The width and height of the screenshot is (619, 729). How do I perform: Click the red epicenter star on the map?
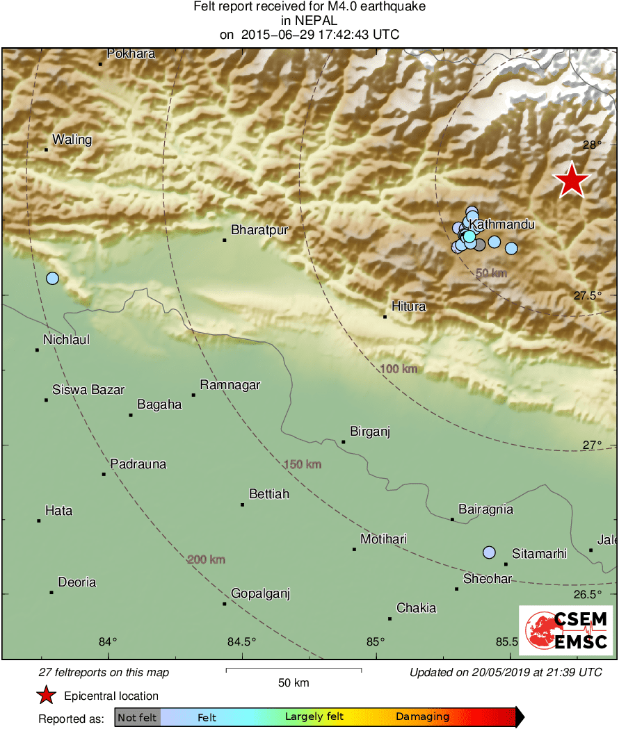click(572, 180)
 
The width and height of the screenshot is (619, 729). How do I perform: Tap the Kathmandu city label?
click(501, 224)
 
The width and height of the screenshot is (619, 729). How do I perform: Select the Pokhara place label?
click(131, 54)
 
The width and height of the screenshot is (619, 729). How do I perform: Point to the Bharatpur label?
click(259, 230)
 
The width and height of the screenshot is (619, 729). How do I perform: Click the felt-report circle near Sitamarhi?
click(489, 552)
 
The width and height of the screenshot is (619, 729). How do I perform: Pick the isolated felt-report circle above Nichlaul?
click(52, 279)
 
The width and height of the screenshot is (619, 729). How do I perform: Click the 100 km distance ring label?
click(399, 368)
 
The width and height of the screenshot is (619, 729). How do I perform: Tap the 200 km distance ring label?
click(206, 559)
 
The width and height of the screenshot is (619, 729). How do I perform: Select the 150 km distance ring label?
click(302, 464)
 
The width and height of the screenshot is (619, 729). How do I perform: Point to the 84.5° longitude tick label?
click(242, 641)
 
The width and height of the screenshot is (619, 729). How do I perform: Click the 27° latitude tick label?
click(591, 445)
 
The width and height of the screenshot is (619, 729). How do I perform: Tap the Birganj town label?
click(370, 432)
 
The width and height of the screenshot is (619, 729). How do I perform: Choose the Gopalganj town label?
click(260, 593)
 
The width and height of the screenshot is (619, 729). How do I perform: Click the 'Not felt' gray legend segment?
click(138, 717)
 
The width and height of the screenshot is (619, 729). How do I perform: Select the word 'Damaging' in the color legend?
click(422, 717)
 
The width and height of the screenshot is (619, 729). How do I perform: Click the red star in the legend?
click(46, 696)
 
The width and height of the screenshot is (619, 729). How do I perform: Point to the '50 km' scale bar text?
click(293, 682)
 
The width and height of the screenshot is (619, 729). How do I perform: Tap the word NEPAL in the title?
click(309, 21)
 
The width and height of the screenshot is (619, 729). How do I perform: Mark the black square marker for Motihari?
click(354, 550)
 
